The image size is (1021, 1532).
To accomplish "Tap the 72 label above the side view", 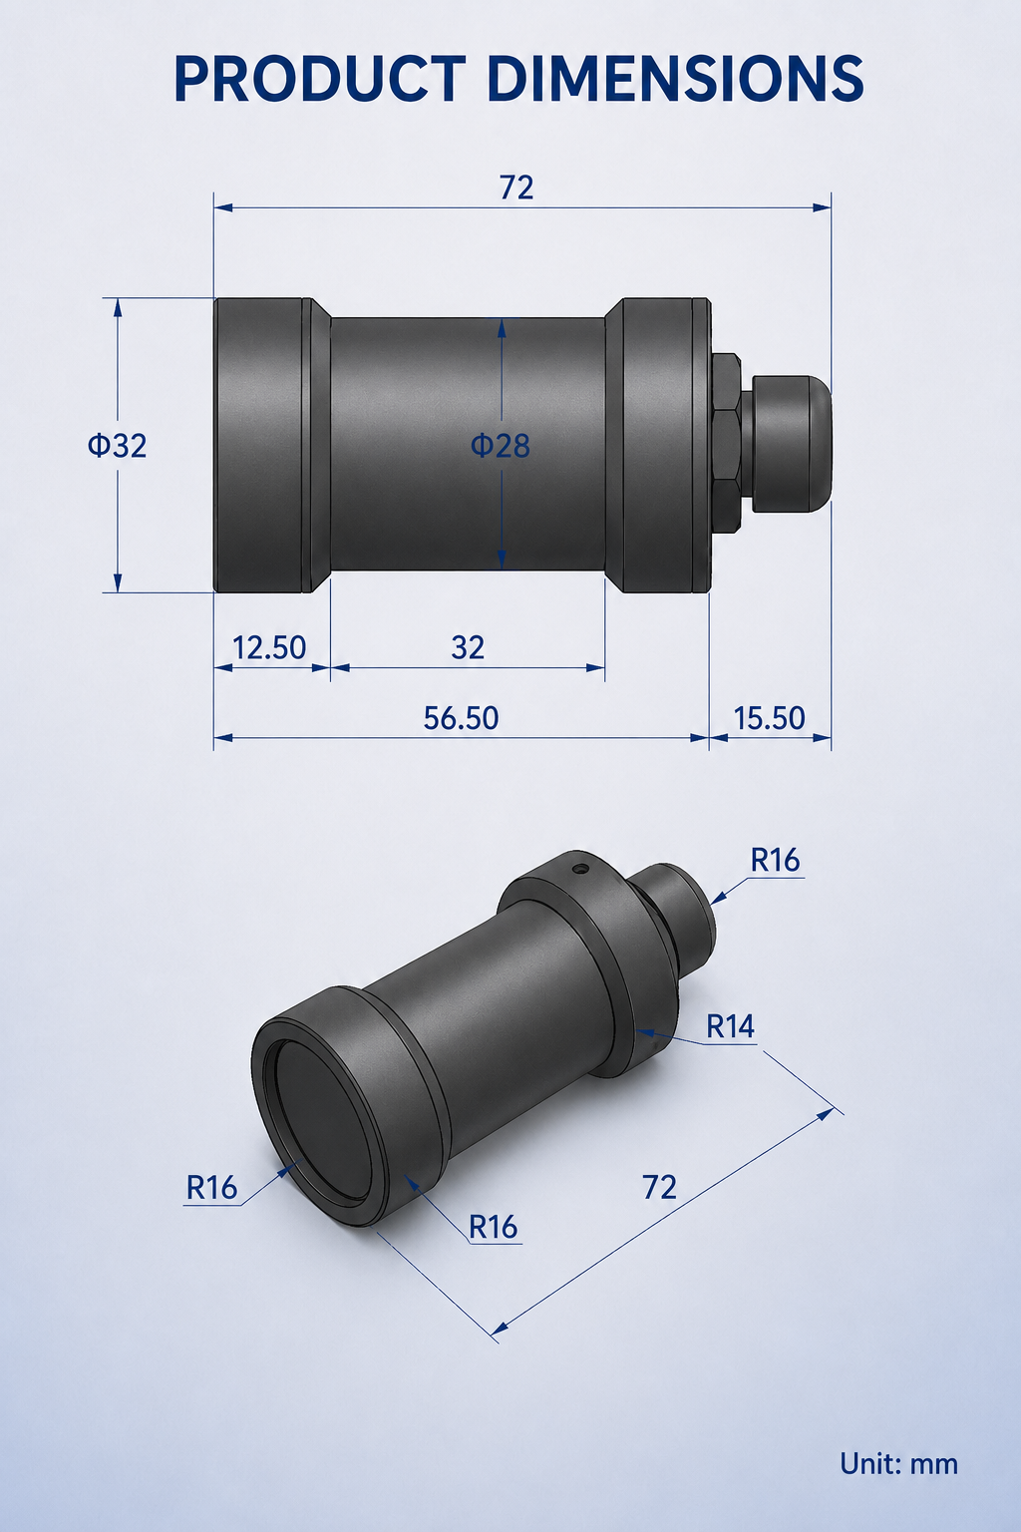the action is (x=516, y=188).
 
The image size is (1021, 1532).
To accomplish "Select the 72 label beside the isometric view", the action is (x=659, y=1187).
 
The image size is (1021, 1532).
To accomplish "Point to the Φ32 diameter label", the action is (x=117, y=446).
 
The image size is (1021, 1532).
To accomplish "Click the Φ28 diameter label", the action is (x=500, y=446).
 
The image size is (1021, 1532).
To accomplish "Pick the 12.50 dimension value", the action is (x=269, y=647).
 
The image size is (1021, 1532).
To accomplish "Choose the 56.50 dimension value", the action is (x=461, y=718).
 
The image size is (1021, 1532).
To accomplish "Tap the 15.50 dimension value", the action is (x=770, y=718).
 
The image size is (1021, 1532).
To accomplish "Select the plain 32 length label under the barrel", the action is (x=468, y=647).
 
